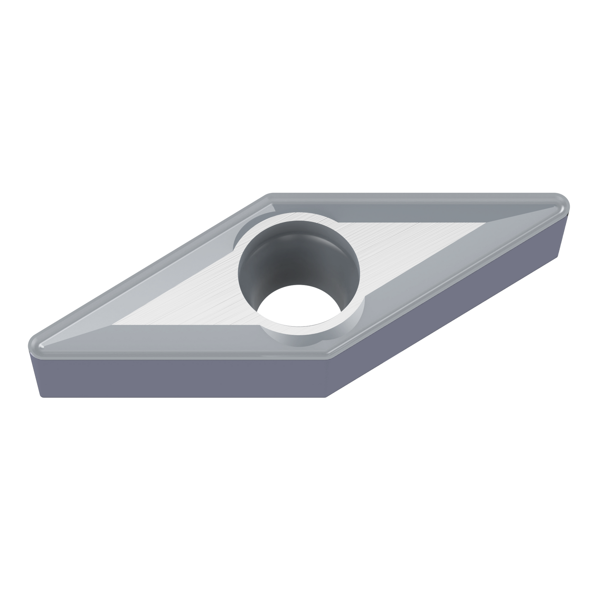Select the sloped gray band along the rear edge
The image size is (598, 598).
click(414, 207)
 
